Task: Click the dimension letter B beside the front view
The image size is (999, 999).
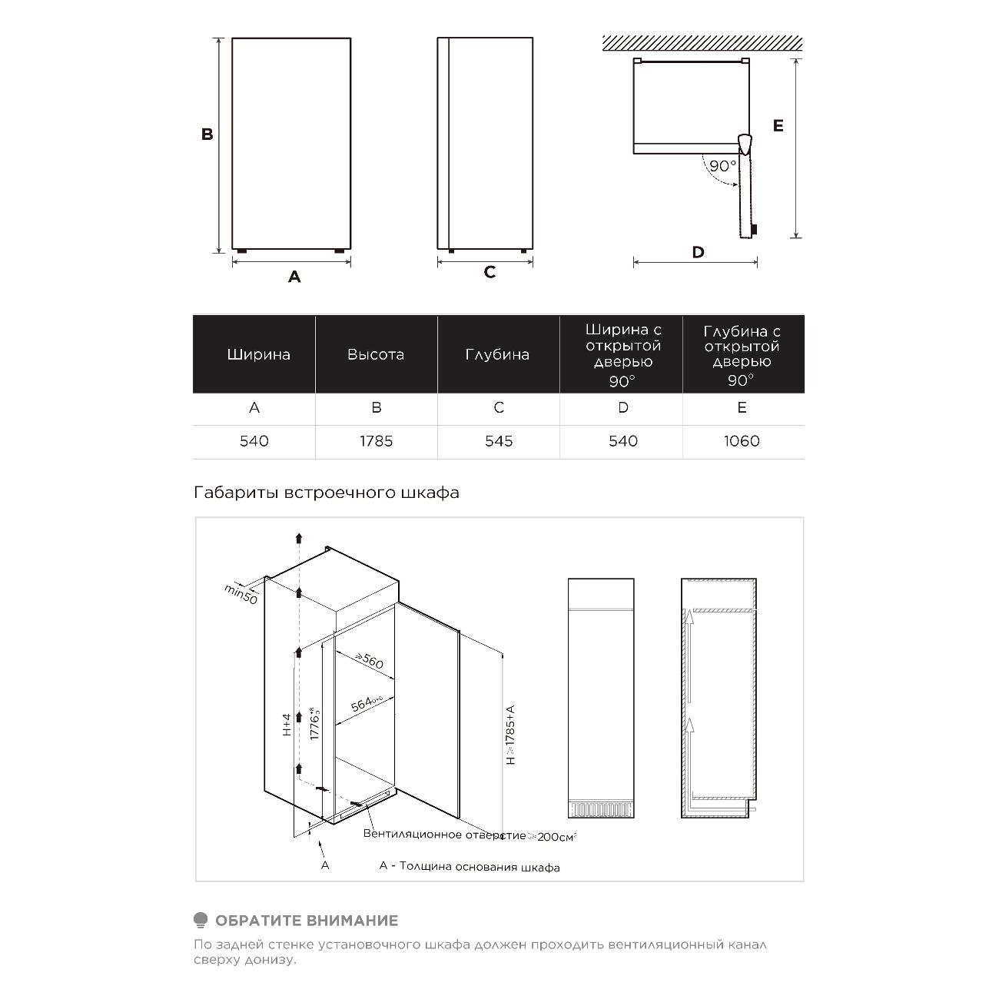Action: click(x=207, y=134)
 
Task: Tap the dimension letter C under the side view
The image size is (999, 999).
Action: click(x=490, y=273)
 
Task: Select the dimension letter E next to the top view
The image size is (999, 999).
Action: click(x=778, y=126)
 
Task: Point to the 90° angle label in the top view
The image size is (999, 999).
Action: click(x=722, y=166)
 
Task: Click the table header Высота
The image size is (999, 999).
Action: click(x=375, y=355)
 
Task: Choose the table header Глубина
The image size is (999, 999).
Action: click(x=497, y=355)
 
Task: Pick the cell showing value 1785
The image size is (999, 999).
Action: click(x=376, y=442)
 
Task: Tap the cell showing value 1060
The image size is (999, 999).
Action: click(x=742, y=442)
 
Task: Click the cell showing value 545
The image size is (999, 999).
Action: click(x=499, y=442)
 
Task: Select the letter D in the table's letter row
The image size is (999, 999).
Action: click(x=623, y=408)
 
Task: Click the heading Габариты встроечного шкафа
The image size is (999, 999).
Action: click(x=327, y=493)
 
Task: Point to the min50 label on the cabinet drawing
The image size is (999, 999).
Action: click(x=241, y=593)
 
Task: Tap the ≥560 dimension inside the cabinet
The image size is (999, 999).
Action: click(x=369, y=661)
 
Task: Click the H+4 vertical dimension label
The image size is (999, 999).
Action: click(x=287, y=725)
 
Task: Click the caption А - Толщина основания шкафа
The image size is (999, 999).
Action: click(x=470, y=868)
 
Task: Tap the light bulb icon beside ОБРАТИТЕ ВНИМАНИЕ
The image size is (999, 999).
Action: click(x=201, y=920)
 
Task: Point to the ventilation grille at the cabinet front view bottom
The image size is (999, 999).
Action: click(x=600, y=809)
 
